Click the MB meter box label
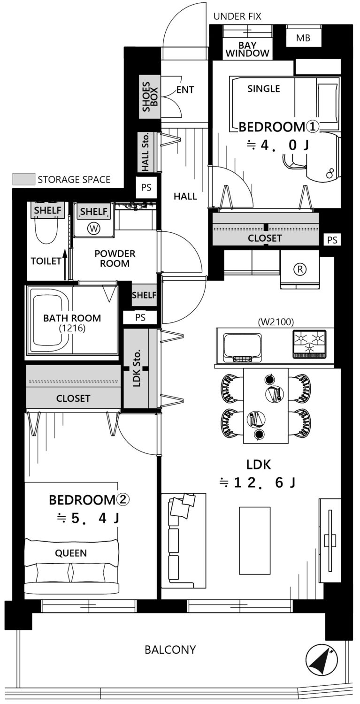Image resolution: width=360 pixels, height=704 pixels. point(303,38)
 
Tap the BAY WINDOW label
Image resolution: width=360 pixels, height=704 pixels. point(247,49)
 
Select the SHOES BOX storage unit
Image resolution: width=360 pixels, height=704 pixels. point(150,97)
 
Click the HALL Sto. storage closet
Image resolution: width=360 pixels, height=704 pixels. point(146,152)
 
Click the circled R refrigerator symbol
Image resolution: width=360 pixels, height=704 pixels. point(299,269)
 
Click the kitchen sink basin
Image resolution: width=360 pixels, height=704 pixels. point(242,347)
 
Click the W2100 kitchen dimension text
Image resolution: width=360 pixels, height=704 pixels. point(276,321)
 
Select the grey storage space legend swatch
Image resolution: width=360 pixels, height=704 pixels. point(23,179)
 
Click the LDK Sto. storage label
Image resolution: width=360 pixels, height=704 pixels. point(136,368)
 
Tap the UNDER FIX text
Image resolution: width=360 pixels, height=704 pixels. point(237,16)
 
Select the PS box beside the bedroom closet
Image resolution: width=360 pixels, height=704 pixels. point(332,240)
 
